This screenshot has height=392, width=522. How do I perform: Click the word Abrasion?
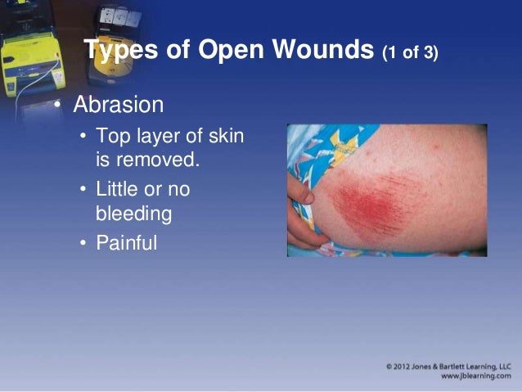[x=118, y=106]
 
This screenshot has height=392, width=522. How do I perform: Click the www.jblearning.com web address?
[x=475, y=376]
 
